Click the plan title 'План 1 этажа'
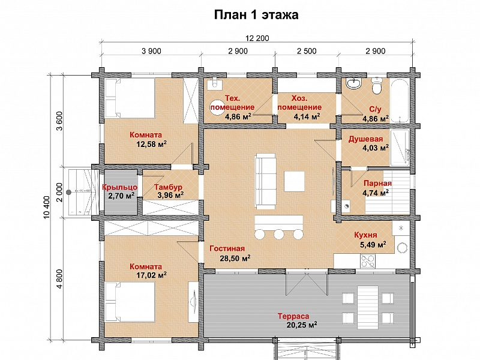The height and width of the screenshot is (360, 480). (256, 14)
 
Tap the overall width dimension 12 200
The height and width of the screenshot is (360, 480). (257, 38)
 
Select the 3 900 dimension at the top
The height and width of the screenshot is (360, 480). (151, 51)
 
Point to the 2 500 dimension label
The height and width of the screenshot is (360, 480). (307, 51)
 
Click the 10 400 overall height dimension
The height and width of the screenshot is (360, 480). (47, 207)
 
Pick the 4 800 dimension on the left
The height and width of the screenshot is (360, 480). (59, 278)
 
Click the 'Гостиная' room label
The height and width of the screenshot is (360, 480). (227, 248)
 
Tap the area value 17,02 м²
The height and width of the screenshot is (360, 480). (151, 275)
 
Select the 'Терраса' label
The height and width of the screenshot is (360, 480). (293, 316)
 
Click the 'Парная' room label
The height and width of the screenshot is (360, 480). (377, 184)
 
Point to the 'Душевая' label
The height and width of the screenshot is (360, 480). (365, 139)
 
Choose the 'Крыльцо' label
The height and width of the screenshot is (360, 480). (119, 187)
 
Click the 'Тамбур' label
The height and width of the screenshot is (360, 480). (168, 187)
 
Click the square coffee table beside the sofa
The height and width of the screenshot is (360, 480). (294, 182)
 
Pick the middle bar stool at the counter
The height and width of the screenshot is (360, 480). (279, 234)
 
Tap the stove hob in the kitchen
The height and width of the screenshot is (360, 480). (368, 261)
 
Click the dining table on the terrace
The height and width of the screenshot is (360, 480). (368, 307)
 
